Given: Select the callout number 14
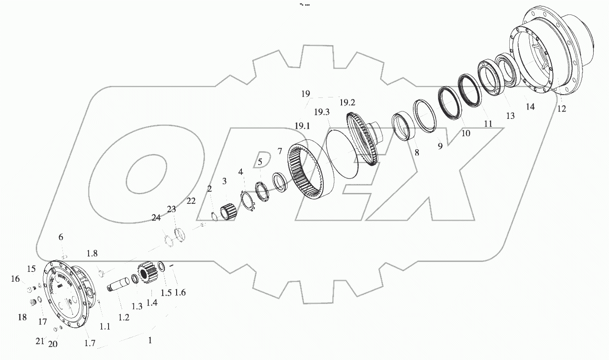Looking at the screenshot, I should (x=530, y=107).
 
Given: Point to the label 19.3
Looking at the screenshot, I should (x=322, y=112).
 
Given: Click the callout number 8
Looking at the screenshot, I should (x=417, y=152).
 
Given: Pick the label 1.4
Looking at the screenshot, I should (x=152, y=303).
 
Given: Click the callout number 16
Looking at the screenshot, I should (x=15, y=279).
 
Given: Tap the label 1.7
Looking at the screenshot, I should (x=89, y=344).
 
